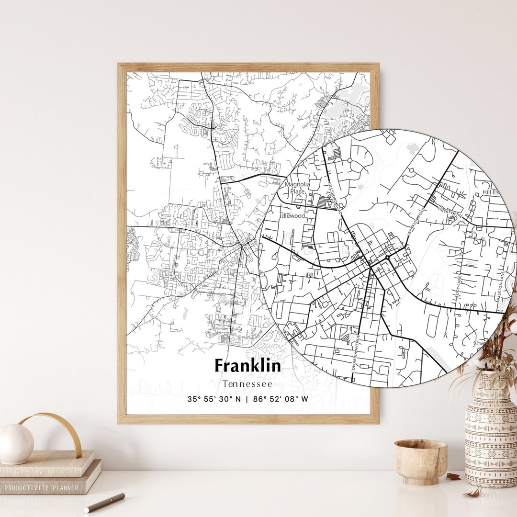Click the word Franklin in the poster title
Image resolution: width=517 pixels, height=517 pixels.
tap(247, 366)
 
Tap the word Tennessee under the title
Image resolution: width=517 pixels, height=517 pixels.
tap(247, 383)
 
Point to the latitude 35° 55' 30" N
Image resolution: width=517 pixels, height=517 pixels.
tap(214, 399)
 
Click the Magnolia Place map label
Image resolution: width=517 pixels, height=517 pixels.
tap(297, 188)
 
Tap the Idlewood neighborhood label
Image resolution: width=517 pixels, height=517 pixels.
tap(292, 216)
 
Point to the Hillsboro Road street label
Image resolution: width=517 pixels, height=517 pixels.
tap(335, 196)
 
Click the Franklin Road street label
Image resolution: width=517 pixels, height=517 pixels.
tap(416, 221)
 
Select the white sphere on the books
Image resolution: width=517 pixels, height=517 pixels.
tap(16, 444)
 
